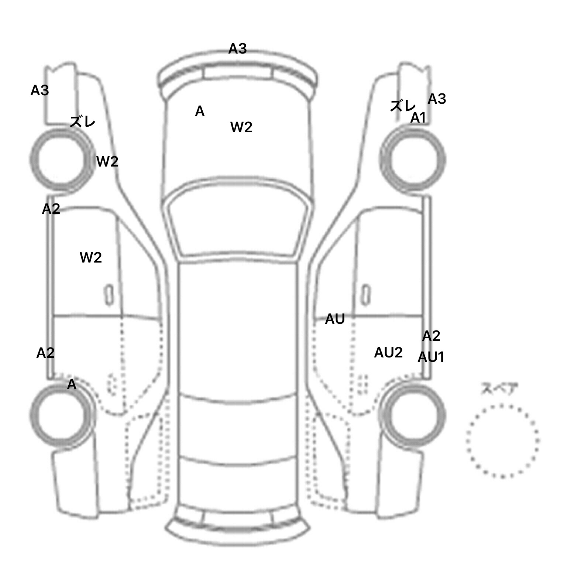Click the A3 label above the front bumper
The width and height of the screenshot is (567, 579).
pos(237,49)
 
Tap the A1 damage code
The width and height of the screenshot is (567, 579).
pos(418,118)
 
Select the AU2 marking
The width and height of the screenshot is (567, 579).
pos(388,353)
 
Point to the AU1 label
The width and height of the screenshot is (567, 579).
pos(431,357)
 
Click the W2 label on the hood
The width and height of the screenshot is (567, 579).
pos(241,127)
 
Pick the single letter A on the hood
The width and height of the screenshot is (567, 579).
pos(200,111)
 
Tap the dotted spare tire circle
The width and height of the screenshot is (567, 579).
pos(502,441)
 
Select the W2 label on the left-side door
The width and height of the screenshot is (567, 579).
pos(90,257)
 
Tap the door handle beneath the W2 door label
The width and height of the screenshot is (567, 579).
pos(109,294)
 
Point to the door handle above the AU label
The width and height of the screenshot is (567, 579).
pos(365,294)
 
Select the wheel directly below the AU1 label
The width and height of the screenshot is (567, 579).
pos(413,414)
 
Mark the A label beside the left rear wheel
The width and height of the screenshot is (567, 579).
pos(72,385)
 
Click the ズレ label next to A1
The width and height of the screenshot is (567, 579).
pos(402,106)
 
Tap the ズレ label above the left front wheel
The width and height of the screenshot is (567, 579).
pos(82,121)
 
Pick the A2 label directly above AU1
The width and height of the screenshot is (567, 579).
pos(431,336)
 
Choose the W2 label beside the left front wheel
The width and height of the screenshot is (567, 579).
pos(107,161)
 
